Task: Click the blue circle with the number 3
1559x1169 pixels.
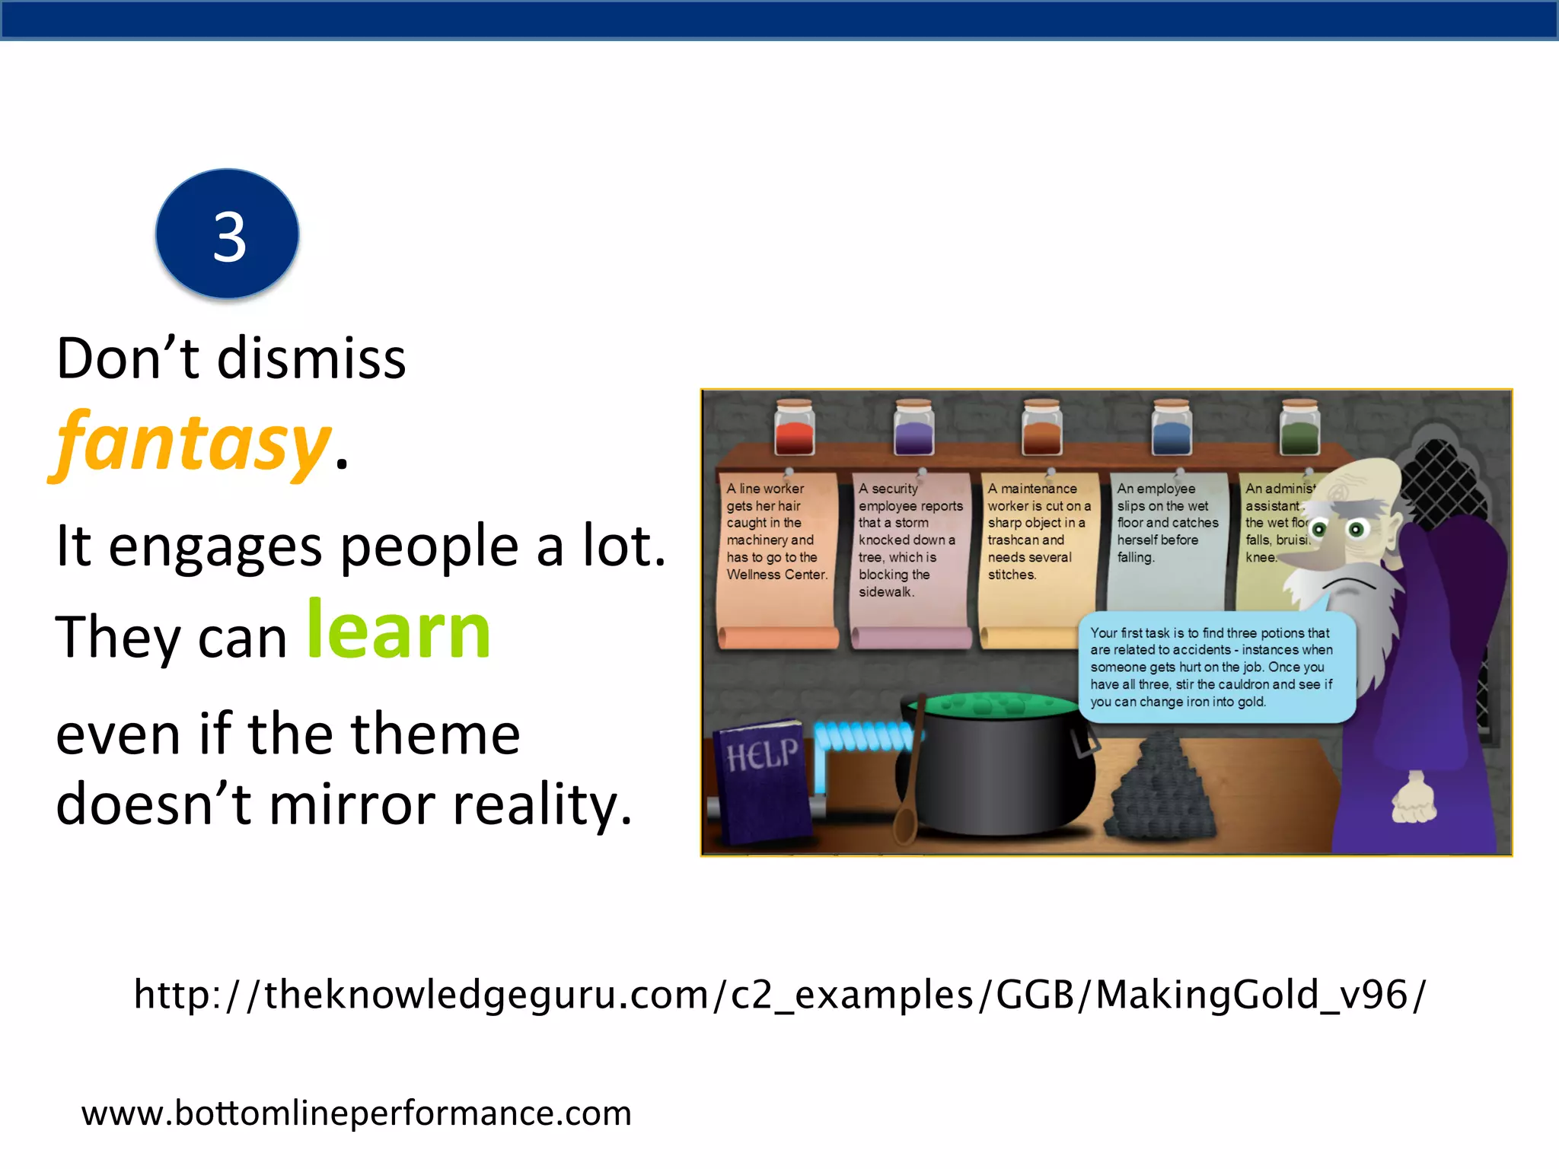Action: click(x=228, y=234)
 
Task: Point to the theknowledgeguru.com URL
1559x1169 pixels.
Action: click(x=779, y=994)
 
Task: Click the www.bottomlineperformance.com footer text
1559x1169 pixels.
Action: click(x=356, y=1113)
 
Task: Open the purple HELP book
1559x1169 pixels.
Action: click(x=763, y=780)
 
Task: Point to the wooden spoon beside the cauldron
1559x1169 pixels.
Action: click(x=910, y=784)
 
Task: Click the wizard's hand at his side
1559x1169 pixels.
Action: click(x=1414, y=799)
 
